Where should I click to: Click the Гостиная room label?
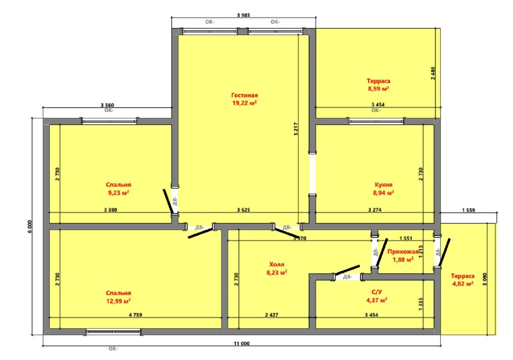(x=244, y=95)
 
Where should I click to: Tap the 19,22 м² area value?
(x=244, y=103)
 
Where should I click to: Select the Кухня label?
(x=383, y=185)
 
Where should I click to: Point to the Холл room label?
(x=277, y=265)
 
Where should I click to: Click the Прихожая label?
(x=403, y=252)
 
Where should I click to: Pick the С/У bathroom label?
(x=377, y=292)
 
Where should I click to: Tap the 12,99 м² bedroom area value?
(x=118, y=301)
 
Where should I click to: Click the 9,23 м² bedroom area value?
(x=118, y=193)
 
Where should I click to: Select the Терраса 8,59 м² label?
(x=378, y=85)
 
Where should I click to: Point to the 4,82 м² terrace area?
(x=463, y=284)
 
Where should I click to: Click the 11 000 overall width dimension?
(x=242, y=343)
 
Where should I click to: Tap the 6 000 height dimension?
(x=30, y=226)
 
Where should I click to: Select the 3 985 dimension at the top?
(x=243, y=15)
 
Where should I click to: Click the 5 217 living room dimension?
(x=296, y=129)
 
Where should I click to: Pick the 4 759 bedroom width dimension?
(x=135, y=315)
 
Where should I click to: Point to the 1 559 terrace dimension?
(x=469, y=210)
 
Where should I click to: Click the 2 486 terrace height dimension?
(x=433, y=73)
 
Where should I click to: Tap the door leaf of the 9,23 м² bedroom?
(x=168, y=201)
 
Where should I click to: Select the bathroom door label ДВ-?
(x=347, y=277)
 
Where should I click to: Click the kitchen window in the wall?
(x=376, y=121)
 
